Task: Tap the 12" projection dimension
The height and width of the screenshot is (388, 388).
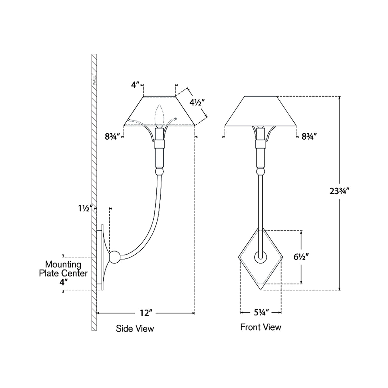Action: (x=146, y=313)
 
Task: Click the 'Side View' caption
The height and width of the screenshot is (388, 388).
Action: (x=135, y=329)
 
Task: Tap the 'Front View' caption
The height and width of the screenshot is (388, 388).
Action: (x=261, y=327)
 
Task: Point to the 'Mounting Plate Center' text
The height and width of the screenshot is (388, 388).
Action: (x=63, y=269)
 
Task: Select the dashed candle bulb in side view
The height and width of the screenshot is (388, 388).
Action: (x=159, y=116)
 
